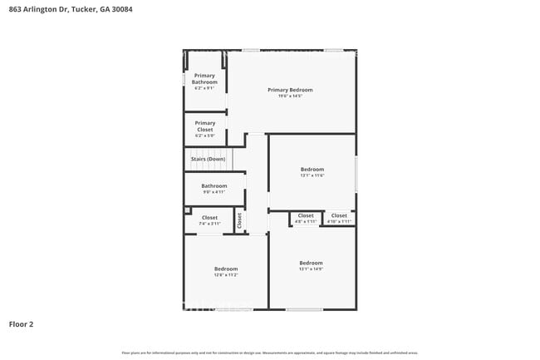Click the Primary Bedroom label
point(290,90)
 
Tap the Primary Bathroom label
point(204,79)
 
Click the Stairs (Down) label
point(208,158)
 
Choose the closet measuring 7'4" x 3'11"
point(209,218)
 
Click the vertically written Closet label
point(239,220)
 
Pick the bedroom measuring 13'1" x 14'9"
point(311,263)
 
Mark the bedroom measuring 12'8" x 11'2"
point(226,269)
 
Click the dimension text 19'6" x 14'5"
point(290,96)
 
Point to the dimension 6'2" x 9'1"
point(204,88)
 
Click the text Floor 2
point(21,323)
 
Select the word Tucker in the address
point(84,9)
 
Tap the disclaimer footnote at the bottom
point(270,353)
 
